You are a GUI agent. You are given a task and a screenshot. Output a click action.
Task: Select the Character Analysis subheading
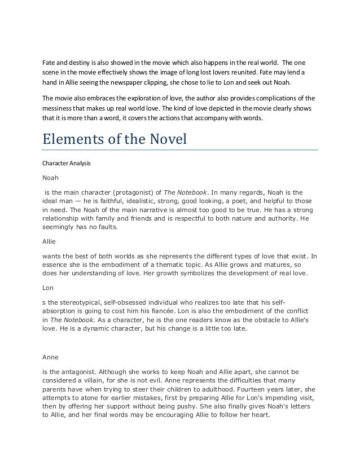(x=66, y=163)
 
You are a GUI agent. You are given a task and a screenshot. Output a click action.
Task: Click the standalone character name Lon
(x=48, y=287)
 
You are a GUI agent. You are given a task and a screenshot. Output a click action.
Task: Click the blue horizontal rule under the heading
(x=181, y=151)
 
